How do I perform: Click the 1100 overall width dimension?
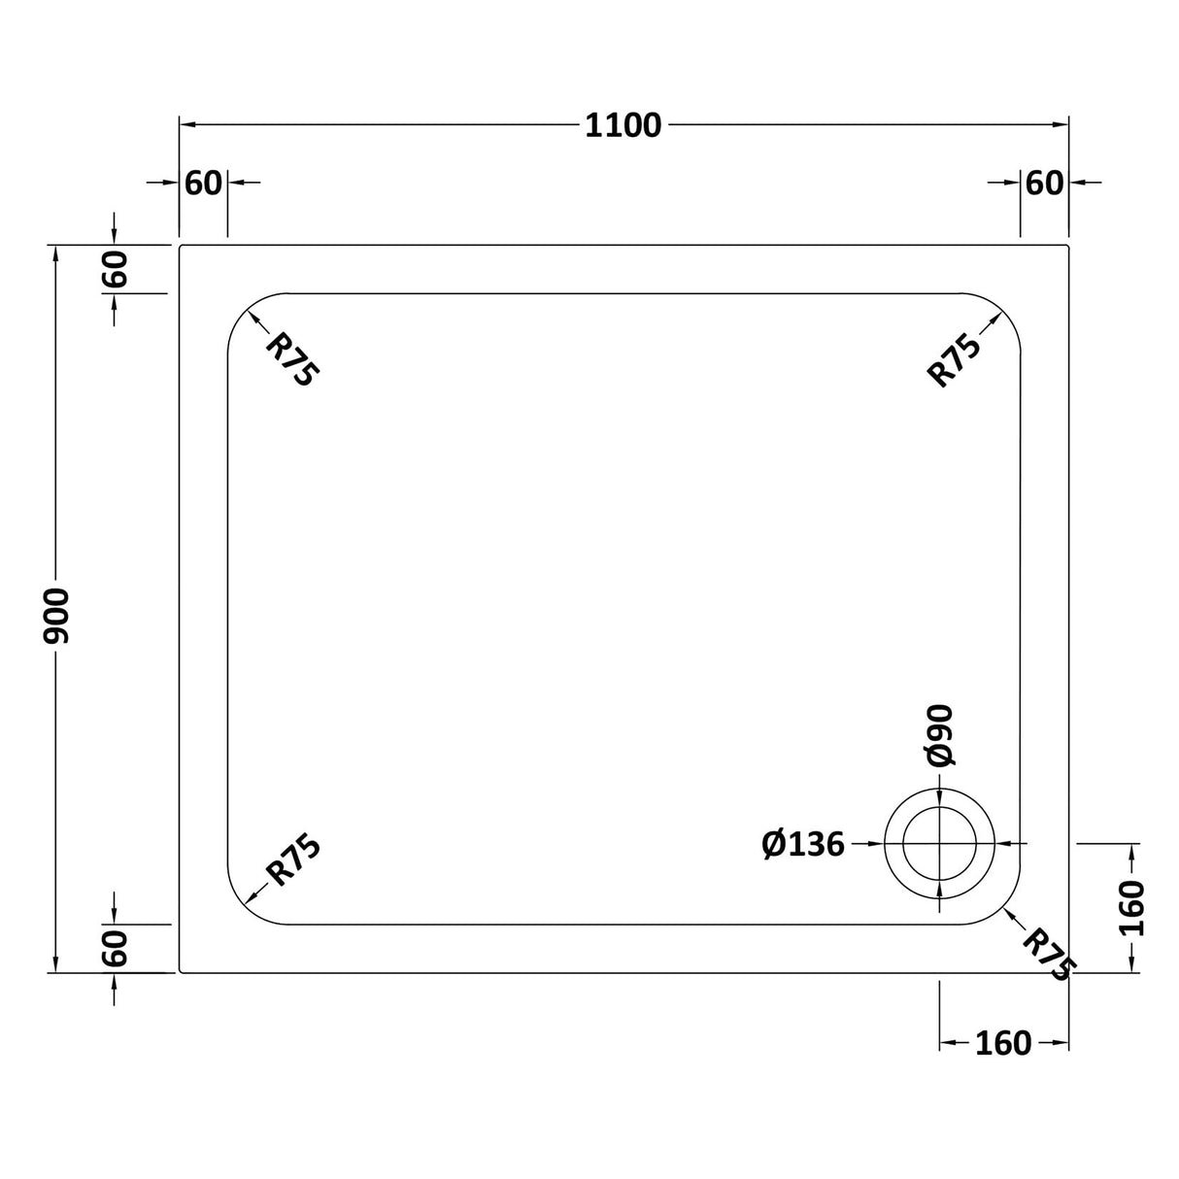tap(623, 125)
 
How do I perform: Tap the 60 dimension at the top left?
tap(204, 183)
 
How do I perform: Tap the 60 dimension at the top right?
tap(1044, 183)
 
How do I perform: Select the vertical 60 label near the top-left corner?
tap(115, 269)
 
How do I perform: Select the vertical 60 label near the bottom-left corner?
tap(115, 948)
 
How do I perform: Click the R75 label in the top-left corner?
tap(292, 359)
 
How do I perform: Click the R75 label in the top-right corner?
tap(955, 359)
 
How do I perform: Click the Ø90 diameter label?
tap(940, 735)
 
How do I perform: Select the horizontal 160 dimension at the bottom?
tap(1002, 1043)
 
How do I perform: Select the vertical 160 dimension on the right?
tap(1132, 908)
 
